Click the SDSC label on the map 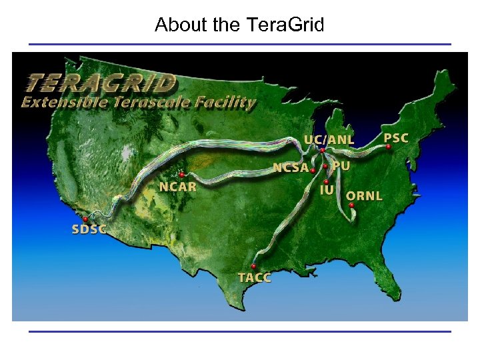[x=88, y=230]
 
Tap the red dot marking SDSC [x=85, y=219]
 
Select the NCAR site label [x=177, y=187]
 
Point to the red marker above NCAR [x=181, y=175]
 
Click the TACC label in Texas [x=254, y=277]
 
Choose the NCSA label [x=291, y=168]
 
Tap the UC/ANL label [x=329, y=140]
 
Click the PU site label [x=341, y=165]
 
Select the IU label [x=327, y=190]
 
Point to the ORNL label [x=365, y=196]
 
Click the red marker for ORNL [x=352, y=205]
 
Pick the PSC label [x=396, y=138]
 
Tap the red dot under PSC [x=388, y=147]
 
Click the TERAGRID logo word [x=101, y=83]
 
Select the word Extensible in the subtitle [x=59, y=102]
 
